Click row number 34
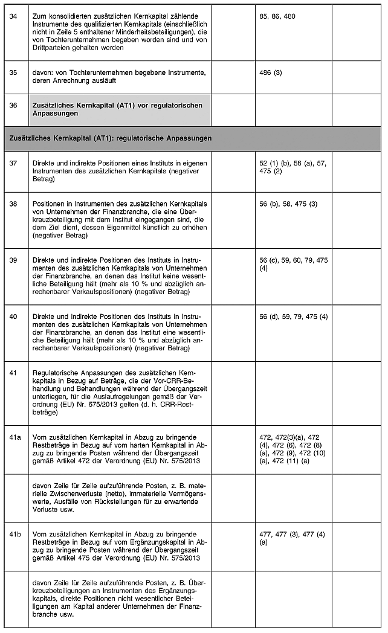[x=14, y=16]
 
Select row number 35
[x=14, y=72]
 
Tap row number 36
[x=14, y=105]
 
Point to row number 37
[x=14, y=164]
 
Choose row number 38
[x=14, y=204]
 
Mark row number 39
[x=14, y=260]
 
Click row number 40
[x=14, y=316]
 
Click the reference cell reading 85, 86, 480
[x=277, y=16]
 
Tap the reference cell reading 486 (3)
[x=270, y=72]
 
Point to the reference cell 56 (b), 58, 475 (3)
[x=288, y=204]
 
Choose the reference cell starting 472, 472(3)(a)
[x=293, y=447]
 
